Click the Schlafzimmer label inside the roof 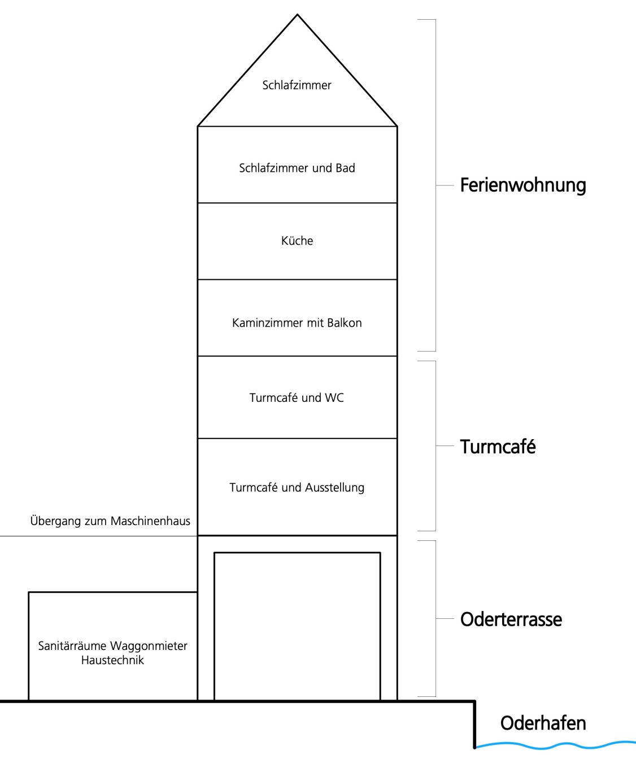297,85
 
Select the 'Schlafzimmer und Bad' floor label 297,168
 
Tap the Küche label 297,241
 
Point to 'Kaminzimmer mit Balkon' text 297,323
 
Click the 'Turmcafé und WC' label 297,397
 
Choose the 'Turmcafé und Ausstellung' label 297,487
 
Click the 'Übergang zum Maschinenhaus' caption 110,521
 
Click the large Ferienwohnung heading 523,185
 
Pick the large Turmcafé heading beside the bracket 498,446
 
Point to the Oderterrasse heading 511,619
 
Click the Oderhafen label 543,723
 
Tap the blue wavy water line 555,744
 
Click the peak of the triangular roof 297,15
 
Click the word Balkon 345,323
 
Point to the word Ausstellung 334,488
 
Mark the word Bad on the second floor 345,168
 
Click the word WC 334,397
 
